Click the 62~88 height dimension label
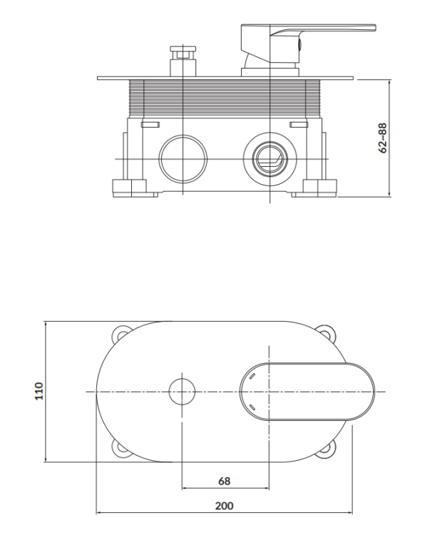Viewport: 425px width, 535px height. click(x=383, y=138)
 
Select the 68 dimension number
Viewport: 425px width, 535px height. click(x=224, y=481)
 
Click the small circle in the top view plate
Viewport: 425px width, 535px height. click(x=183, y=392)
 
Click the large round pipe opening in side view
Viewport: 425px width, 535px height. click(x=181, y=158)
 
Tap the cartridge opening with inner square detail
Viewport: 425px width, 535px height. click(x=270, y=158)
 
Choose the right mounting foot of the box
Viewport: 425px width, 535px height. click(x=319, y=188)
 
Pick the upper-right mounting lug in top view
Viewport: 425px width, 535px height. click(x=329, y=333)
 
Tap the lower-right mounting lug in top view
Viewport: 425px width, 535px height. click(x=329, y=449)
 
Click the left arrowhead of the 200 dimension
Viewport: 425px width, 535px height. click(x=99, y=512)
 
